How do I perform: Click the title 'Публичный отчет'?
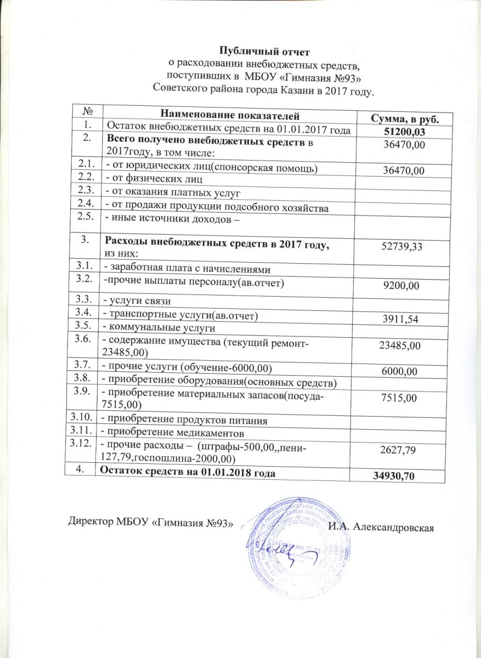264,52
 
